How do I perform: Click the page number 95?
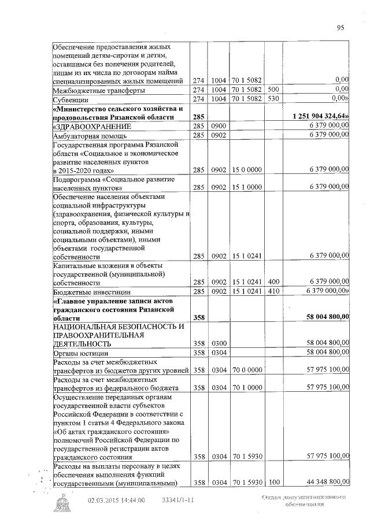[340, 27]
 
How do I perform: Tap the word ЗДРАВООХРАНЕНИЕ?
[92, 126]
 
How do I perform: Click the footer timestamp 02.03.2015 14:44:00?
[116, 500]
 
